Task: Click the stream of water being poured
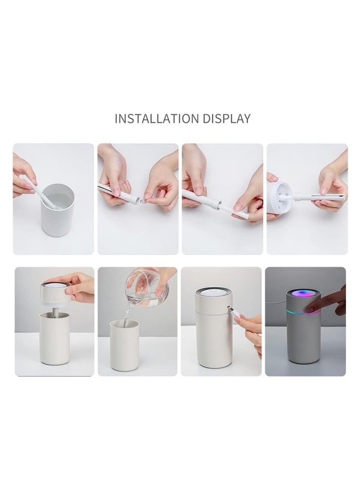[x=130, y=315]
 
